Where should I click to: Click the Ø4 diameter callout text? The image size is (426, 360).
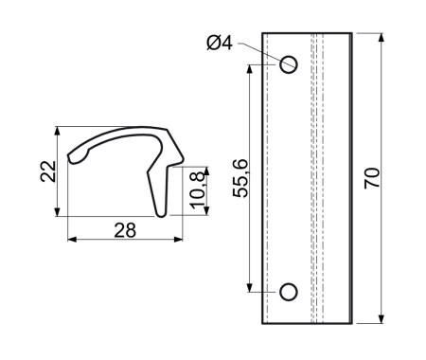click(220, 43)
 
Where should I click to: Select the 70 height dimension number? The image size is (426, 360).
click(372, 178)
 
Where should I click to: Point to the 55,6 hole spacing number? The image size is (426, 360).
click(241, 179)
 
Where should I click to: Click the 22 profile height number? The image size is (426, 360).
click(48, 171)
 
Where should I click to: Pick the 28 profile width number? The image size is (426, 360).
click(125, 230)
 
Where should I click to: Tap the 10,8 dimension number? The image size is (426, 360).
click(198, 190)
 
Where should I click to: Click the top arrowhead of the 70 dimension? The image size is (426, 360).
click(382, 37)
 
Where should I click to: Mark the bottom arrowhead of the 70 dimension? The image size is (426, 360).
click(382, 319)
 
